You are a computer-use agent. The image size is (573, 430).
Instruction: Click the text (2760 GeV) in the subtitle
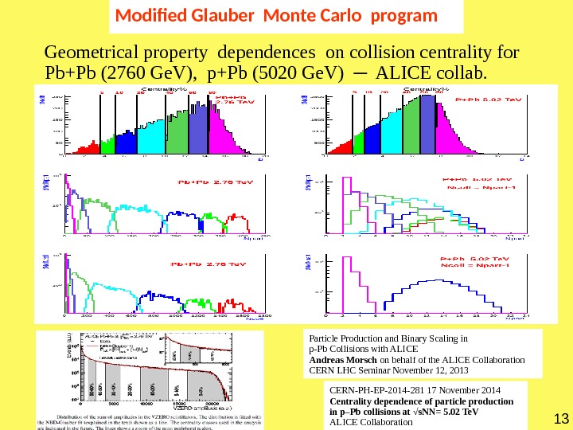click(154, 75)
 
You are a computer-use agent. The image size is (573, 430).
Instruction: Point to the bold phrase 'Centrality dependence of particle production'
click(421, 401)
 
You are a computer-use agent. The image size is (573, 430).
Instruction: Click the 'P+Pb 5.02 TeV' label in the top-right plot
click(487, 100)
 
